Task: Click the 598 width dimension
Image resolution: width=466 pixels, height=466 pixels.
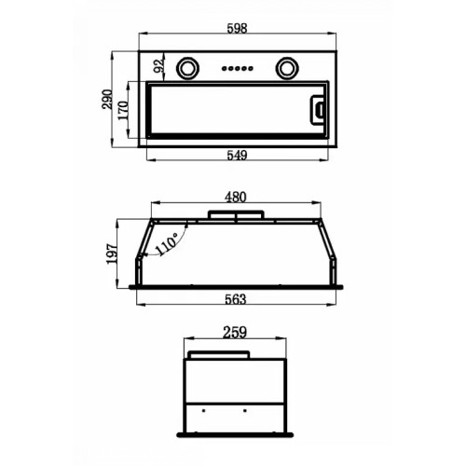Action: [237, 28]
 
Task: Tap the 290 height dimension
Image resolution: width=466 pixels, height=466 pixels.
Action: [107, 100]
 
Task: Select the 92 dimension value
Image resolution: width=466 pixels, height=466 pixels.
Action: [158, 66]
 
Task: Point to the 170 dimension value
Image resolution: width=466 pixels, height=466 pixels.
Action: [123, 110]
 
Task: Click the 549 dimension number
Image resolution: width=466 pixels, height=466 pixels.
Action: [237, 155]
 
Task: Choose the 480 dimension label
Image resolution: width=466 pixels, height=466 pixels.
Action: [236, 198]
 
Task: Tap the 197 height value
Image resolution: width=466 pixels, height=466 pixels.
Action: [112, 254]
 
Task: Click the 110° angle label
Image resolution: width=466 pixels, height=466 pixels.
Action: [166, 244]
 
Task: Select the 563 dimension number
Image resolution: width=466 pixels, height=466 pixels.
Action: [236, 299]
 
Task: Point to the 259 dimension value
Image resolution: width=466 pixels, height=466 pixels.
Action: [235, 332]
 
